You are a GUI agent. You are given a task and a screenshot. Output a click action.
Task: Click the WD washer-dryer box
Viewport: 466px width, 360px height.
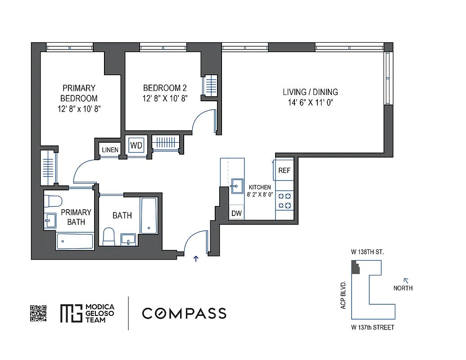pos(136,145)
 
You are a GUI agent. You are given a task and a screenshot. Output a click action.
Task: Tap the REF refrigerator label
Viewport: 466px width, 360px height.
pos(284,171)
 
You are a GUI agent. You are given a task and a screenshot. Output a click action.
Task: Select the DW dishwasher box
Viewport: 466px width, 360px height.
pos(236,213)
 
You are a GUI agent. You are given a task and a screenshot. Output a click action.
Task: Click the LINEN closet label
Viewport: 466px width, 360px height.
pos(110,150)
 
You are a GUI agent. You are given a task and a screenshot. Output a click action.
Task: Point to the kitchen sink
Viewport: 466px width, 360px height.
pos(235,185)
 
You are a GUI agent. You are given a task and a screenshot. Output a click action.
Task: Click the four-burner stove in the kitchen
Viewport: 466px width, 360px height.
pos(284,201)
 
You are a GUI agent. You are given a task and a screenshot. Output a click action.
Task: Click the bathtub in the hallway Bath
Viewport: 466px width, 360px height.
pos(149,215)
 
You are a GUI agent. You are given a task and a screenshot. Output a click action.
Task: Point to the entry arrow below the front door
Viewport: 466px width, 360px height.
pos(196,258)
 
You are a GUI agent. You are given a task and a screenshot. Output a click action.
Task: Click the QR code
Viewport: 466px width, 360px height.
pos(38,313)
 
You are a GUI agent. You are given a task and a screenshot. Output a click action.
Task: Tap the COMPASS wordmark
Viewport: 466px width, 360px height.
pos(184,313)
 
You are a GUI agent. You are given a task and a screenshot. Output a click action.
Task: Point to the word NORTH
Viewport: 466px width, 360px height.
pos(403,288)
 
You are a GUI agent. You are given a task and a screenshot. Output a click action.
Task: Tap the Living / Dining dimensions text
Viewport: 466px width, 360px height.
pos(310,103)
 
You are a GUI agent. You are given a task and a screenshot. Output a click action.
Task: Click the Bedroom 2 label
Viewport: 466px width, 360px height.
pos(165,88)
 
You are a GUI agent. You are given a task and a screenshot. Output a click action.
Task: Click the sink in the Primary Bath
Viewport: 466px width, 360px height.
pos(50,220)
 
